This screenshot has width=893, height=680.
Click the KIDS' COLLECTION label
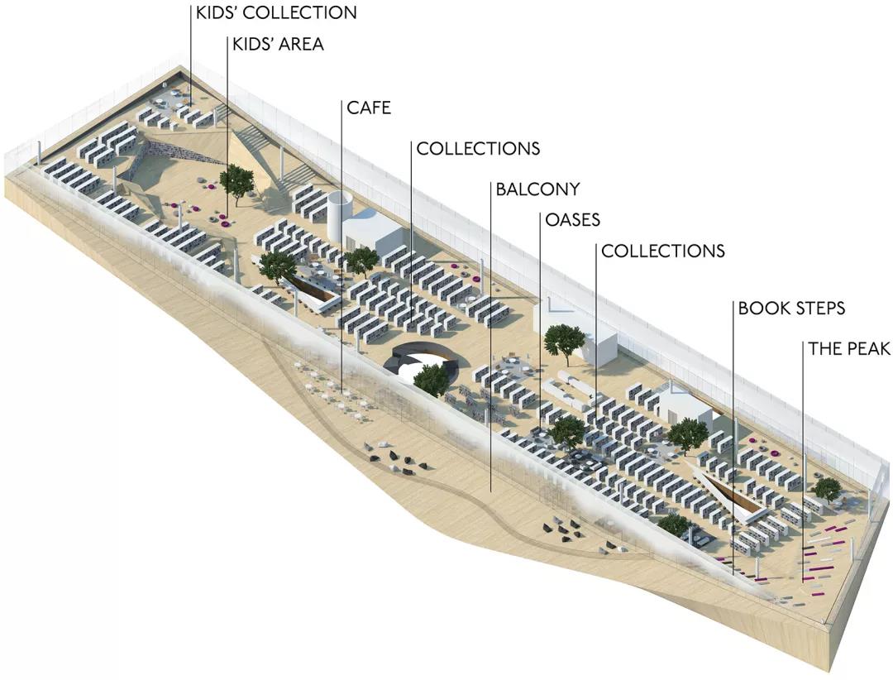pos(276,12)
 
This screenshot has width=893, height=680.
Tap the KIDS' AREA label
pos(278,44)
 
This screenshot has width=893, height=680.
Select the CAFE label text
pos(369,108)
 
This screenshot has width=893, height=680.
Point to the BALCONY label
pos(537,189)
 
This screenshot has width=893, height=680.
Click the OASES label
pos(573,219)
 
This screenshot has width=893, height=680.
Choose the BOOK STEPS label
pos(791,309)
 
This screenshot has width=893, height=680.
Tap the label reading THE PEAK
pos(849,348)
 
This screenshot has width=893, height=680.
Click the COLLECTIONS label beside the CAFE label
pos(479,148)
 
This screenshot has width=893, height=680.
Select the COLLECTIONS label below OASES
pos(663,251)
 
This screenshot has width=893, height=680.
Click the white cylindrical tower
pos(341,218)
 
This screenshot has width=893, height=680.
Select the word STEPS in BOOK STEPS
pos(818,309)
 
